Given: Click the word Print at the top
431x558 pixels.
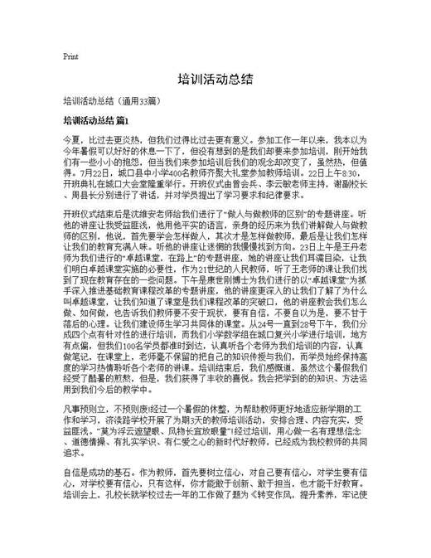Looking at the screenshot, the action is coord(70,57).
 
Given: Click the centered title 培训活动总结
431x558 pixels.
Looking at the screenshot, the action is coord(215,80).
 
